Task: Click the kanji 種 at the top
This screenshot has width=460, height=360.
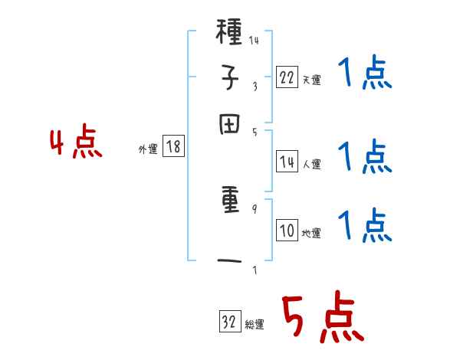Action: [x=229, y=34]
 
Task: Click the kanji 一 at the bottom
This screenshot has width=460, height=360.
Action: [x=229, y=262]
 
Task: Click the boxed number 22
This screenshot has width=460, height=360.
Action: [x=287, y=77]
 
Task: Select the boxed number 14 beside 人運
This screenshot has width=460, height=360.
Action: [x=287, y=162]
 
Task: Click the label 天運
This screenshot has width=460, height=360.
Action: [x=311, y=80]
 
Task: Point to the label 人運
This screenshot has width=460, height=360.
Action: [x=311, y=164]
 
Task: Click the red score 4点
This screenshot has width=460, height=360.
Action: [x=74, y=144]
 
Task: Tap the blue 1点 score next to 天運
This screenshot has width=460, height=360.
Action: [x=364, y=76]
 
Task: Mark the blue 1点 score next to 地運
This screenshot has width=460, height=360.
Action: [x=364, y=226]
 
